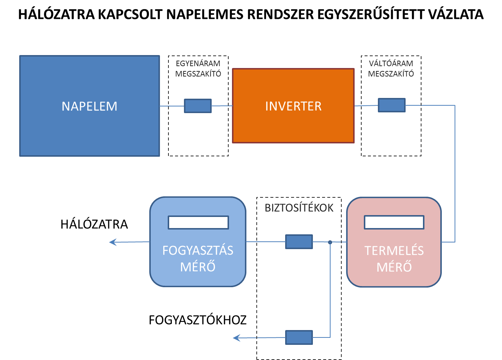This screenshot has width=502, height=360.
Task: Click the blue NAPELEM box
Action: pyautogui.click(x=89, y=106)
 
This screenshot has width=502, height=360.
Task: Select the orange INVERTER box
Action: pyautogui.click(x=293, y=106)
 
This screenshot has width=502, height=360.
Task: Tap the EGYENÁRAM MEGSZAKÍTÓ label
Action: pyautogui.click(x=198, y=69)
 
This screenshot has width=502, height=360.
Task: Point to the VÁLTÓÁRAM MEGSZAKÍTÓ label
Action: pyautogui.click(x=391, y=69)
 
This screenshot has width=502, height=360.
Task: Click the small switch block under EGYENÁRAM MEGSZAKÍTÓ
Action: pyautogui.click(x=198, y=106)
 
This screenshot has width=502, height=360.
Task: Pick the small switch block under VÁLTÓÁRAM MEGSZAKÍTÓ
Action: pyautogui.click(x=392, y=105)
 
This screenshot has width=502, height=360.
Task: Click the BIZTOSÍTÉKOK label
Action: pyautogui.click(x=299, y=208)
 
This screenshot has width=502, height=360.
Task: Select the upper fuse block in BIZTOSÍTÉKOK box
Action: pyautogui.click(x=299, y=242)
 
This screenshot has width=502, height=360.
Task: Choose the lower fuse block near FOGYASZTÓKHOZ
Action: pyautogui.click(x=299, y=337)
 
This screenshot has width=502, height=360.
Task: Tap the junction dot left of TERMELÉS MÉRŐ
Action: pyautogui.click(x=330, y=242)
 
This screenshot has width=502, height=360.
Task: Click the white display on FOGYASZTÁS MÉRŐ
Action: pyautogui.click(x=198, y=223)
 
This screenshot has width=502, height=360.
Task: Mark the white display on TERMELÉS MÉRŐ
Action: pyautogui.click(x=394, y=223)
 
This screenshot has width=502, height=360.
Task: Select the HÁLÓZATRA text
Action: pyautogui.click(x=94, y=224)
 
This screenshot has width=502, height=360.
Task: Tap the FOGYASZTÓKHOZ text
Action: pyautogui.click(x=198, y=320)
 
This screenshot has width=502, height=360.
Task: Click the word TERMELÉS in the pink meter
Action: pyautogui.click(x=394, y=251)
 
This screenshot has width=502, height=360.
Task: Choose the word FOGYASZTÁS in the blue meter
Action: pyautogui.click(x=198, y=251)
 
